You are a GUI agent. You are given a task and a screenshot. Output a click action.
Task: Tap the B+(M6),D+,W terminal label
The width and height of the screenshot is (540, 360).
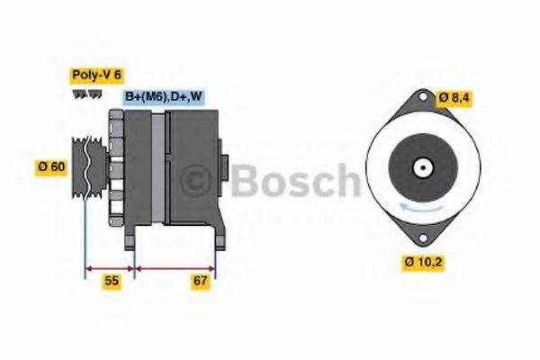tap(163, 97)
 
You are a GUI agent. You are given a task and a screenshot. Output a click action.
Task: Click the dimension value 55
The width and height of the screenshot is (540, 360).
tap(111, 282)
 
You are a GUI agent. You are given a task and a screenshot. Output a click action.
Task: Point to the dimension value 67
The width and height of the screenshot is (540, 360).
tap(200, 282)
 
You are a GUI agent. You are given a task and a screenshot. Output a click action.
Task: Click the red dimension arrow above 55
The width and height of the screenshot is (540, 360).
tap(109, 267)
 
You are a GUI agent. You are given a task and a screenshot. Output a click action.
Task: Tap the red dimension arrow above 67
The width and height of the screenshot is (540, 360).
tap(175, 267)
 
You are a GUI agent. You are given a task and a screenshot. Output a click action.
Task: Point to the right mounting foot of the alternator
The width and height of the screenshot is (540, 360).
tap(216, 236)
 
